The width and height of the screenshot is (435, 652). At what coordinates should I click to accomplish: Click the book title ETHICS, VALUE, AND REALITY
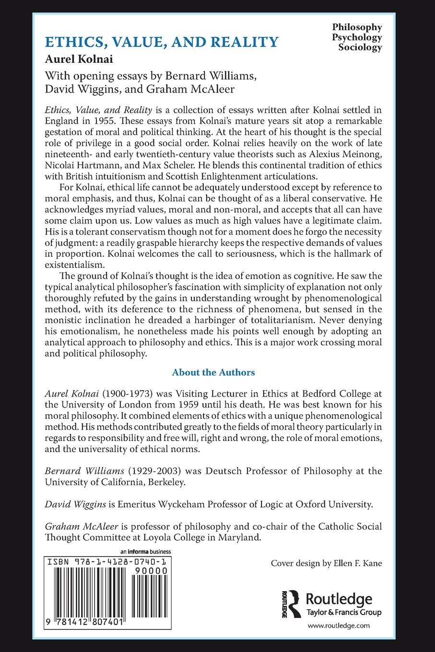161,42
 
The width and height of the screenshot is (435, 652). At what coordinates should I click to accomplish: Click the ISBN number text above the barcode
107,562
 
